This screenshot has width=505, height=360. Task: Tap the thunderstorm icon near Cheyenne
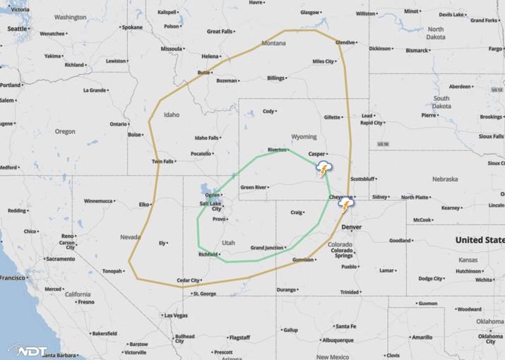click(x=345, y=205)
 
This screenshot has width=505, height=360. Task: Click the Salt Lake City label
click(x=211, y=206)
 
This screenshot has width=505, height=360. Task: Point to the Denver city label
click(x=351, y=227)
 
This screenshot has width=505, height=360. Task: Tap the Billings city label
click(x=275, y=78)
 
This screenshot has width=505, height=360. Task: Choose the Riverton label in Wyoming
click(x=277, y=150)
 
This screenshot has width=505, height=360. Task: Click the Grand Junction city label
click(x=266, y=248)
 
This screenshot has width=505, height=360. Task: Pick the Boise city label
click(x=135, y=134)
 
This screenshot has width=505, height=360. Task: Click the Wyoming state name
click(x=304, y=136)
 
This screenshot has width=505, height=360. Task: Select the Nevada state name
click(x=130, y=236)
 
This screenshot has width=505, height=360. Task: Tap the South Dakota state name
click(x=441, y=102)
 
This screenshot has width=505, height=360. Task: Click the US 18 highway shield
click(x=384, y=144)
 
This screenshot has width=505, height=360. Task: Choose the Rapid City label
click(x=371, y=123)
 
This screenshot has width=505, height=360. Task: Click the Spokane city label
click(x=132, y=28)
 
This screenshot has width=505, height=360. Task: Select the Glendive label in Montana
click(x=345, y=42)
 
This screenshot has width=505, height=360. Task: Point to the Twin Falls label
click(x=162, y=162)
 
